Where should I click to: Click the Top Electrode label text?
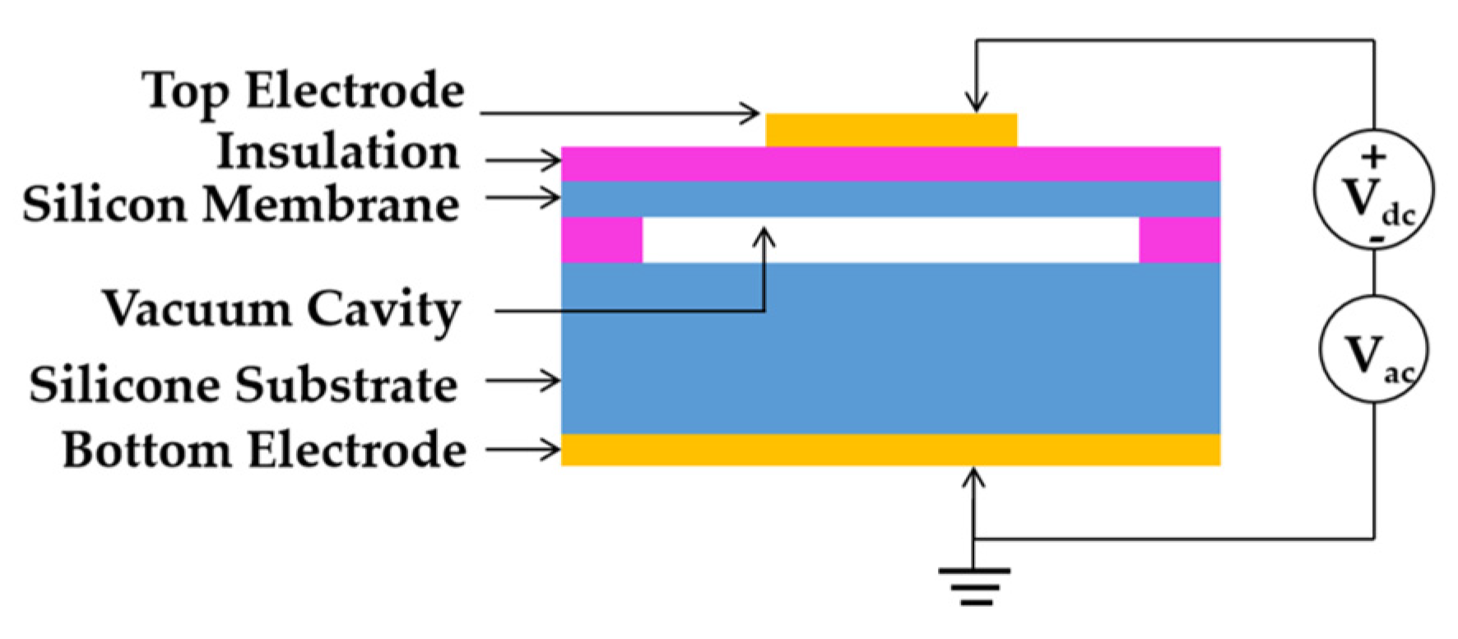click(x=303, y=91)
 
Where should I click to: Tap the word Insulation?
click(x=337, y=153)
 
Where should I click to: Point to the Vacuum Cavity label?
click(x=281, y=310)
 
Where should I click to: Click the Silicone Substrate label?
click(x=244, y=385)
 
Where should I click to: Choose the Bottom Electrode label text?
click(x=264, y=451)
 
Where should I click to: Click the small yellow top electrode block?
click(x=891, y=130)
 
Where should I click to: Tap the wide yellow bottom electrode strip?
click(x=890, y=449)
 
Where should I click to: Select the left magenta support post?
click(x=601, y=240)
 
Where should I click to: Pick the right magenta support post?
click(x=1179, y=240)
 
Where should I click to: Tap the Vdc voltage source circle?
click(x=1373, y=190)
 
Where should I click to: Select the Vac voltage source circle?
click(x=1373, y=349)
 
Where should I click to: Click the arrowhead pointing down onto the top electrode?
click(x=976, y=104)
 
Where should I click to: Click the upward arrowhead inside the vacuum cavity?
click(x=764, y=237)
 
